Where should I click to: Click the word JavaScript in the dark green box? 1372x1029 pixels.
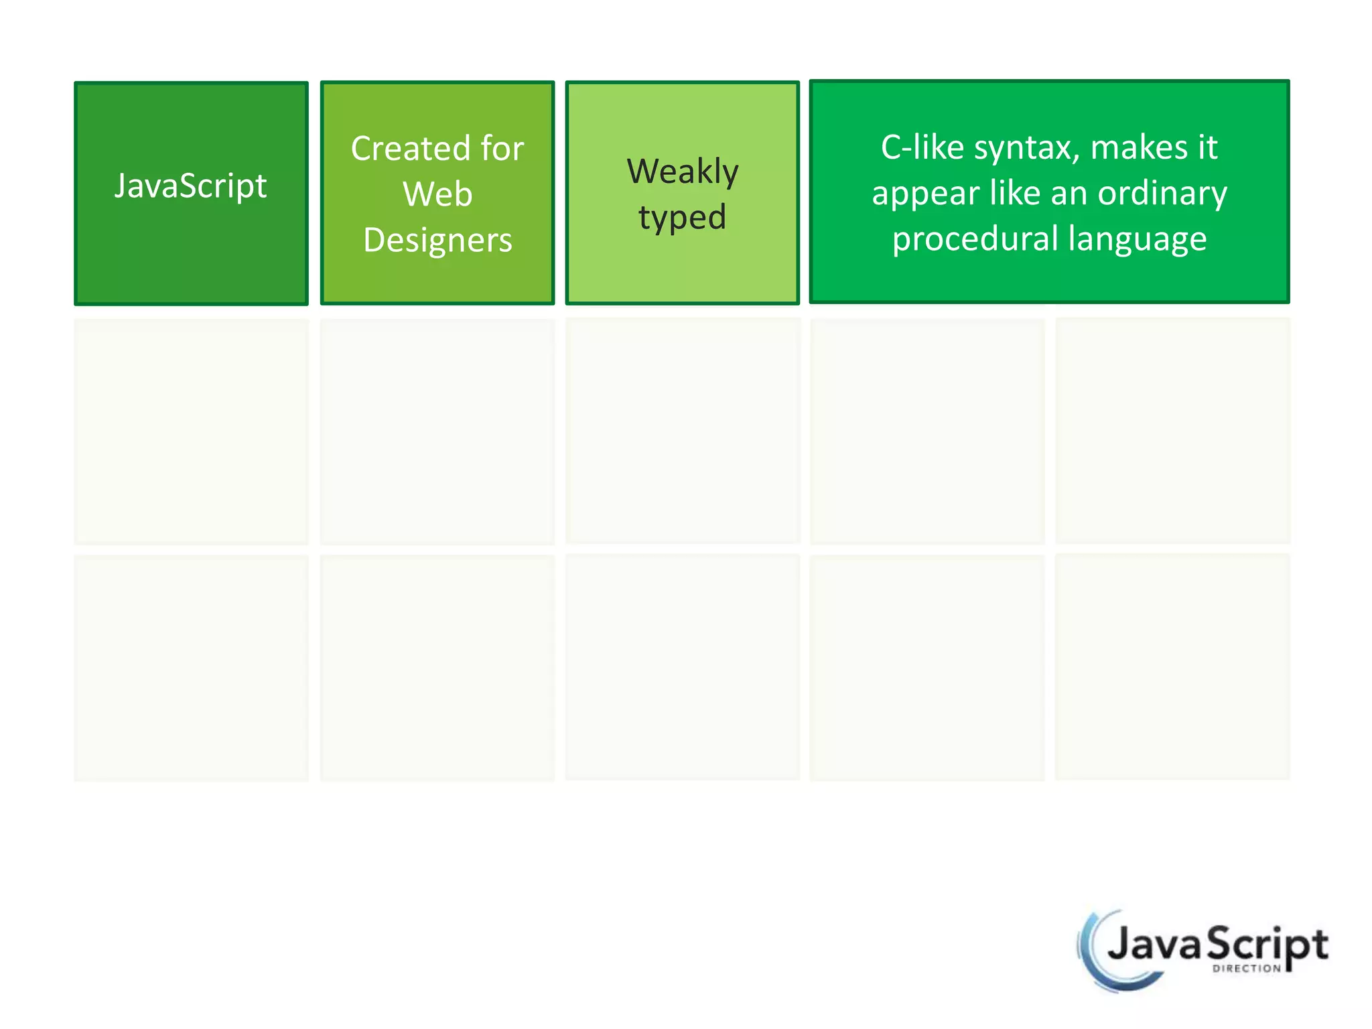click(190, 186)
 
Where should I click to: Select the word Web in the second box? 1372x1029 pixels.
click(437, 194)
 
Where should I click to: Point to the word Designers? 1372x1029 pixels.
click(437, 240)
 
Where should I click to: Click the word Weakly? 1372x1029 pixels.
click(683, 171)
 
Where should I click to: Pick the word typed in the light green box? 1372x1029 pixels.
click(682, 218)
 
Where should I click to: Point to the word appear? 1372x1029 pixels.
click(924, 194)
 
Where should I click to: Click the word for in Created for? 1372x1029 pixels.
click(502, 148)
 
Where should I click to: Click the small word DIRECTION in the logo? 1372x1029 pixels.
click(1246, 969)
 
